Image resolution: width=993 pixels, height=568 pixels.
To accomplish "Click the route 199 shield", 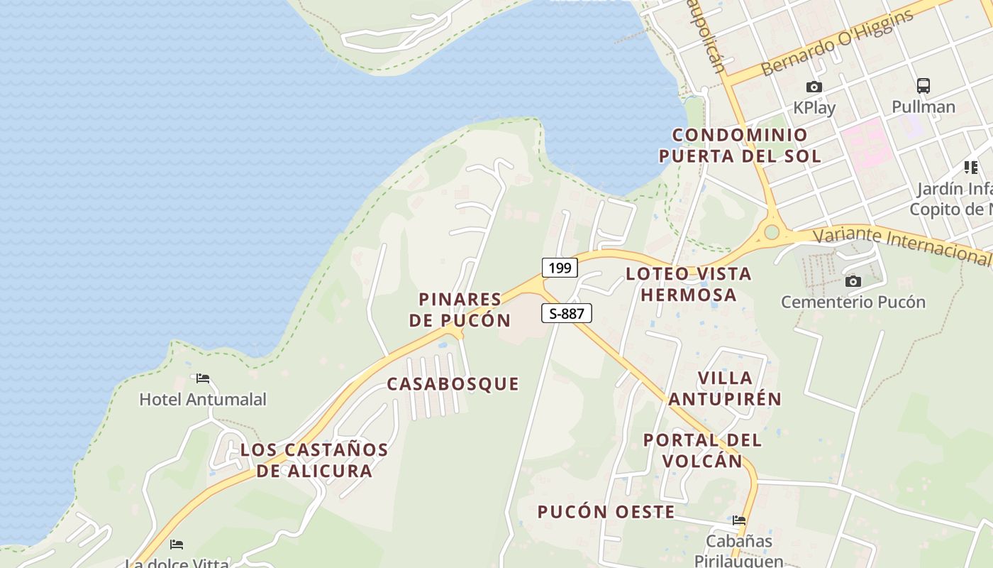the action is tap(560, 268).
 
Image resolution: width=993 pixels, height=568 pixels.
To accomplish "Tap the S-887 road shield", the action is tap(566, 313).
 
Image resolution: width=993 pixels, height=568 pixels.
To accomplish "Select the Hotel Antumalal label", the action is tap(203, 399).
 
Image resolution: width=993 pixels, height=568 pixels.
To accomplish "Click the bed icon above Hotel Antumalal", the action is tap(203, 378).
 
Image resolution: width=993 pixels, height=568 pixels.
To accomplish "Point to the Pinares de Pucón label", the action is tap(460, 310).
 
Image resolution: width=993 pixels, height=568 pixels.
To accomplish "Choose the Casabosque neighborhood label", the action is tap(453, 384).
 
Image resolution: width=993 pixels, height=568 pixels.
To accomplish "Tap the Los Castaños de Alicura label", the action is tap(314, 460).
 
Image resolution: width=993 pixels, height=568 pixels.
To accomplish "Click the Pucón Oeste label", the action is tap(606, 512).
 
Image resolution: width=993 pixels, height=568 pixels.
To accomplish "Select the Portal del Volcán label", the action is tap(702, 450).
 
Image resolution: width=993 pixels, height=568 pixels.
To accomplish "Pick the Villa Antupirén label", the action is tap(725, 388).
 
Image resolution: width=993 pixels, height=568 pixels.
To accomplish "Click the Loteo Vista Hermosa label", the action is tap(689, 284).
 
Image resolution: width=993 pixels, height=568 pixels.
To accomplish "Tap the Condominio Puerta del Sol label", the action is tap(740, 146).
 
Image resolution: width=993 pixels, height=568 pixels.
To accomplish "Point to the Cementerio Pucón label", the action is tap(853, 302).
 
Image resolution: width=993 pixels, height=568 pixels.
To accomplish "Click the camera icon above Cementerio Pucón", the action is tap(853, 282).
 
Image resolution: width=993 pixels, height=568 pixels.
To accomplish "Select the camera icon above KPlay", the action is tap(814, 87).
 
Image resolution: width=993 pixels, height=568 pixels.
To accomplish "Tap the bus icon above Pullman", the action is tap(923, 86).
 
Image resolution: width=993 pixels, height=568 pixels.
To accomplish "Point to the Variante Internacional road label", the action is tap(901, 245).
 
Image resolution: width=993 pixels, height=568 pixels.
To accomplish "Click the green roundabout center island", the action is tap(772, 232).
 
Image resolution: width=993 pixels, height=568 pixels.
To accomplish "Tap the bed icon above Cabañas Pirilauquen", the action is tap(739, 520).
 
